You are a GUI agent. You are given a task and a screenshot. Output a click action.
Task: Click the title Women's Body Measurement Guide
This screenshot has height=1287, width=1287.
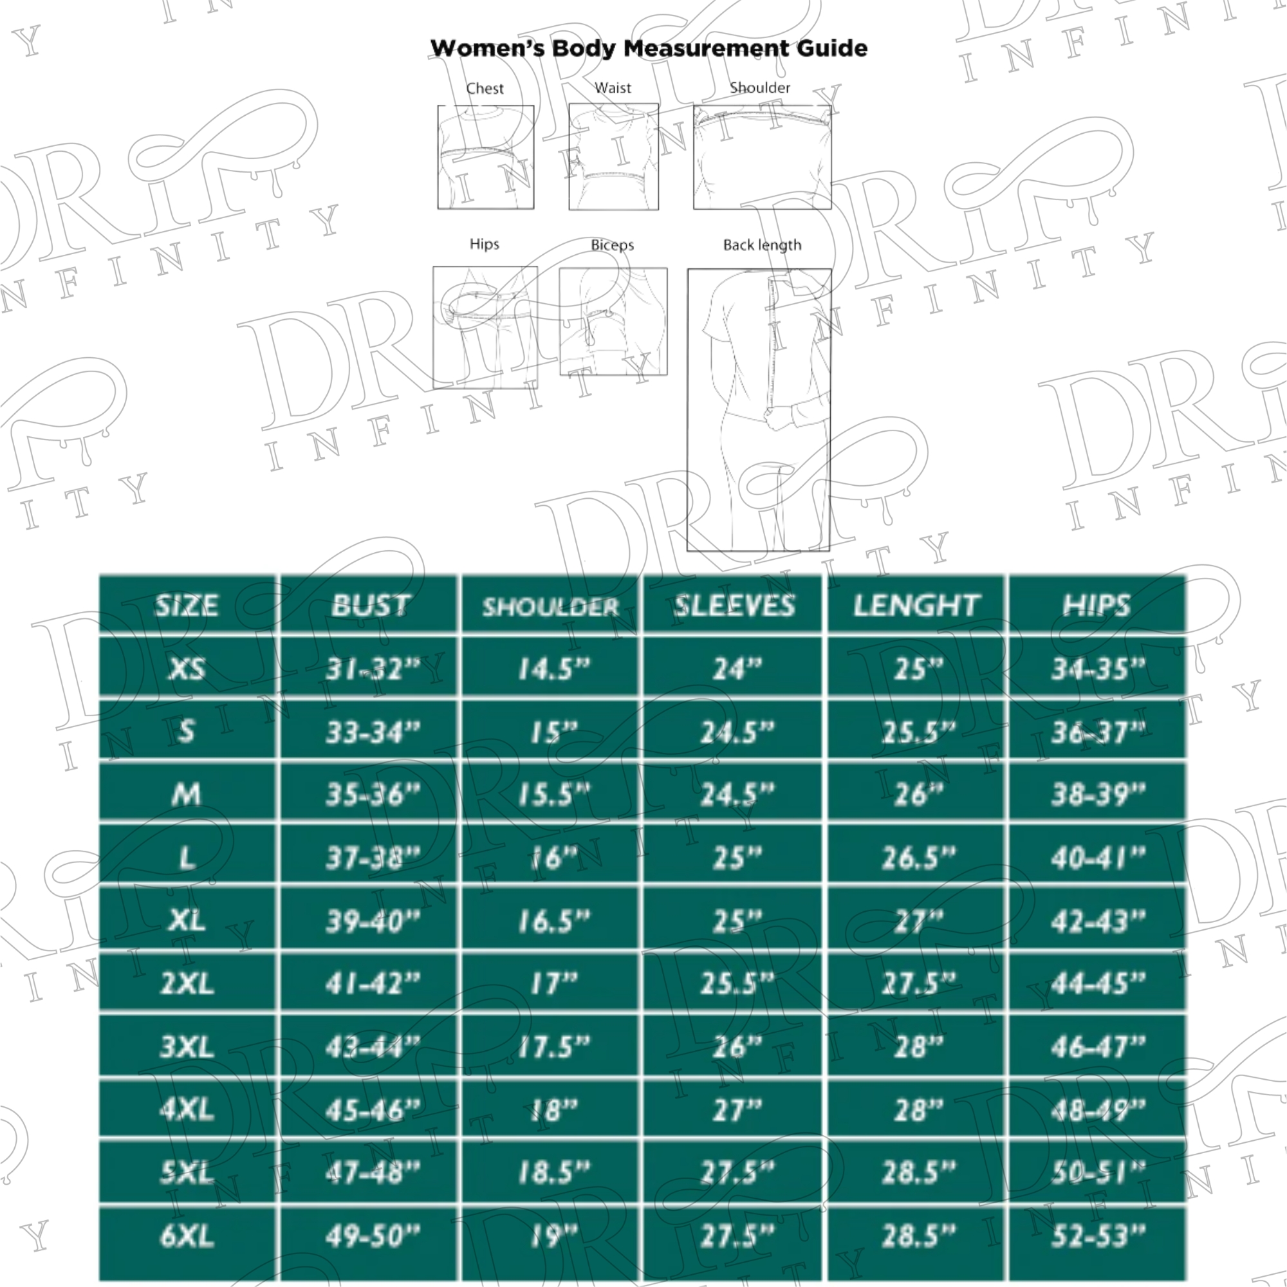648,48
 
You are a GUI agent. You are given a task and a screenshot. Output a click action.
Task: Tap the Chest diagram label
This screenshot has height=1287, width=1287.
485,88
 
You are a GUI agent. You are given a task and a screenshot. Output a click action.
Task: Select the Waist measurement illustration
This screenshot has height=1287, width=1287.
613,157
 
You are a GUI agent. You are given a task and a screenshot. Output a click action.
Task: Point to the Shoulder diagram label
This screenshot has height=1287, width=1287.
759,88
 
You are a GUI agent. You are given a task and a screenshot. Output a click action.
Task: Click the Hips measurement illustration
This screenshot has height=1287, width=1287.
485,328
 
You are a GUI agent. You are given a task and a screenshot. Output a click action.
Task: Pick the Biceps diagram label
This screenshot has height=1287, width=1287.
612,245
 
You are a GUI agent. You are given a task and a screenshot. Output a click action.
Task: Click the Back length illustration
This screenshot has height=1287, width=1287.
759,410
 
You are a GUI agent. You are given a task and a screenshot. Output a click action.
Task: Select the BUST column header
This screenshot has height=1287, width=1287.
371,605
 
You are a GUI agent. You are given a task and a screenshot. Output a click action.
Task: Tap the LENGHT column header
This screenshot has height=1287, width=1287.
916,605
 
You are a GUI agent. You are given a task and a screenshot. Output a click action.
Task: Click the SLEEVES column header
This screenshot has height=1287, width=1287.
734,605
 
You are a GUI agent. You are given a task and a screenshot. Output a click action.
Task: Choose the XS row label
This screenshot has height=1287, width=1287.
187,668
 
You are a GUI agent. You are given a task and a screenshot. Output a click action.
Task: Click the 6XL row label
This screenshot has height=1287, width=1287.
187,1236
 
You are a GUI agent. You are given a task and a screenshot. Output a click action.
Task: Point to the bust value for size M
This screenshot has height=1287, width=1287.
373,794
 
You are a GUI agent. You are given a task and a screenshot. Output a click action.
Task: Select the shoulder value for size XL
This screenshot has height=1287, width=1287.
553,921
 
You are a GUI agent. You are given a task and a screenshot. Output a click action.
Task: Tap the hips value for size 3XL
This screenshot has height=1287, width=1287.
1097,1047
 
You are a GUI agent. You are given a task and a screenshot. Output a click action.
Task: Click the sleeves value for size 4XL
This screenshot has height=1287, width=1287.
736,1111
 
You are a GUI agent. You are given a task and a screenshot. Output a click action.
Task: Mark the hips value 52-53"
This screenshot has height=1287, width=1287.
1097,1236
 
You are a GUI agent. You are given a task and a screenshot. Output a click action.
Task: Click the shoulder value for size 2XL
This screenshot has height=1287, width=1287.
553,984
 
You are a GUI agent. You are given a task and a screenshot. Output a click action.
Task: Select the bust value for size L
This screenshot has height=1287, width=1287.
373,858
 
